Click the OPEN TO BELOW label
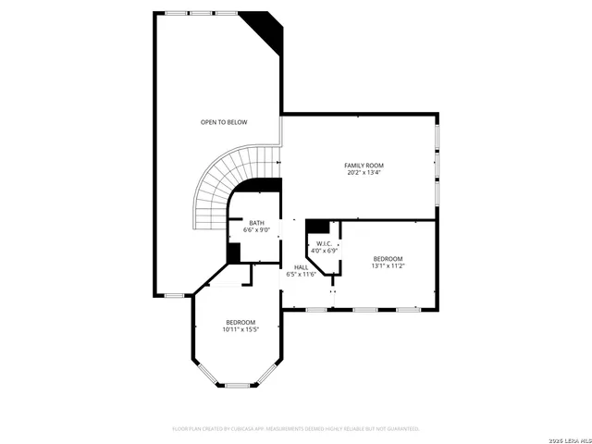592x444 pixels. click(x=224, y=122)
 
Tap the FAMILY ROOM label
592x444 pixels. click(x=364, y=165)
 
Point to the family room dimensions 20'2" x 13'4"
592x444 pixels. click(x=364, y=172)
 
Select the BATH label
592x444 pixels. click(x=256, y=222)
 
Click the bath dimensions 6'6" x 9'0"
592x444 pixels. click(x=256, y=229)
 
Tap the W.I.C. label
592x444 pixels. click(x=325, y=243)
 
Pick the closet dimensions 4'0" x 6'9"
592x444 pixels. click(x=325, y=250)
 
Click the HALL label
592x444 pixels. click(x=302, y=267)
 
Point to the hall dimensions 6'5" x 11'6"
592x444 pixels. click(x=302, y=274)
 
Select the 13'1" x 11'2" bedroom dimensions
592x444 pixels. click(x=388, y=265)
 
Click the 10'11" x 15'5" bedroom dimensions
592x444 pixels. click(x=240, y=328)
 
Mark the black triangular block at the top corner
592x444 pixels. click(x=270, y=28)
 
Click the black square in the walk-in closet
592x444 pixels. click(x=317, y=226)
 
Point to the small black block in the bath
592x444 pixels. click(x=234, y=253)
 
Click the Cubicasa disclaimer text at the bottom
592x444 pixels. click(x=296, y=429)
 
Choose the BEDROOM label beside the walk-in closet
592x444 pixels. click(x=388, y=258)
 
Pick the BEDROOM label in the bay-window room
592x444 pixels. click(x=240, y=322)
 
